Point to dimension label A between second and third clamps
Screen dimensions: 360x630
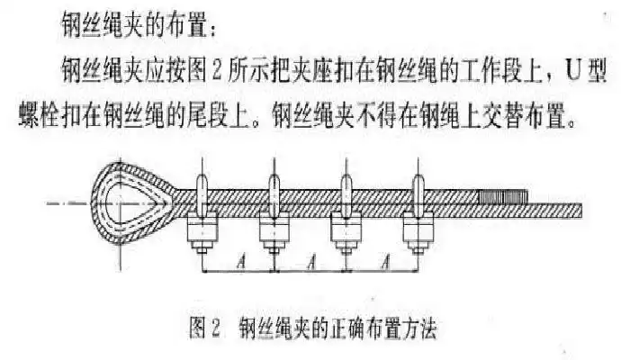310,264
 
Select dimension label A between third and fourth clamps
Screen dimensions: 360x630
383,264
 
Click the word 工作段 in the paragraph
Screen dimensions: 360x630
490,69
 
